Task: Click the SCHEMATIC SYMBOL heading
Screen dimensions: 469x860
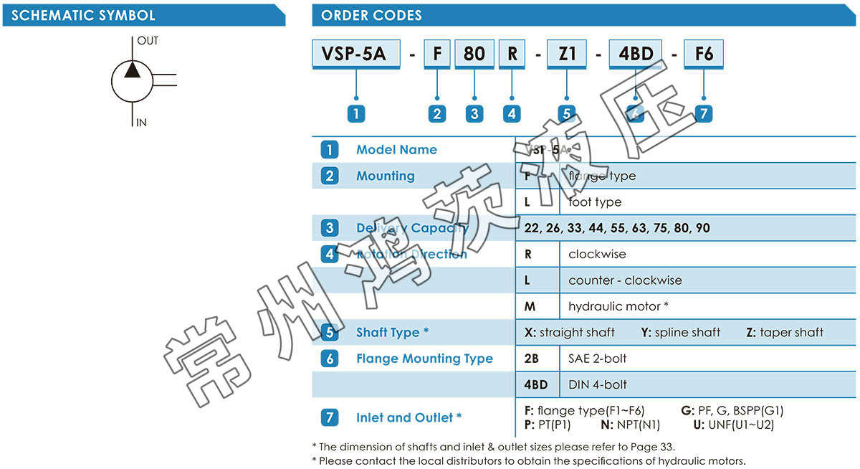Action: pos(83,15)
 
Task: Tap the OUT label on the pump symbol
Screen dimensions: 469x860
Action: pos(148,41)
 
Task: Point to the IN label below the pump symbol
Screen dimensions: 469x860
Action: pos(141,123)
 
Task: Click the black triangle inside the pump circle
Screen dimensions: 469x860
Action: pos(132,69)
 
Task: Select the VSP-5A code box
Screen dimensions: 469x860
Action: pos(356,55)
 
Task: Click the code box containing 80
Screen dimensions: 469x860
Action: pos(474,55)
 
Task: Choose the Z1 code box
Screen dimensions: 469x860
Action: pos(567,55)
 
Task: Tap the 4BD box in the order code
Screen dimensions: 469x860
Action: pos(636,55)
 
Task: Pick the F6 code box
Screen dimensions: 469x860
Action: pos(704,55)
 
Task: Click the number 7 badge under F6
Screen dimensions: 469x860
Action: pos(704,113)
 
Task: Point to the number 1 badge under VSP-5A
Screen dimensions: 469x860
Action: pos(356,113)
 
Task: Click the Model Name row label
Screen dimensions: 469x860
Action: pos(396,150)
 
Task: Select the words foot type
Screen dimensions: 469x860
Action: pos(595,202)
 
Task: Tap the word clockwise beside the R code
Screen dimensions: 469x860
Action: pos(597,254)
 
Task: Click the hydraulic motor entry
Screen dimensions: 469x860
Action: pos(618,306)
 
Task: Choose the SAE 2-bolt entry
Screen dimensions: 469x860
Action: pos(597,359)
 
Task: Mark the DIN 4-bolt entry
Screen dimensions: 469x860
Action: pos(598,384)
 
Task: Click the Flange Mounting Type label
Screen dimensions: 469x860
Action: pos(424,359)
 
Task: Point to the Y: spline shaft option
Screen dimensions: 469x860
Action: pos(681,333)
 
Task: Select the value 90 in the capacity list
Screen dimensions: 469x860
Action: pos(702,228)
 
